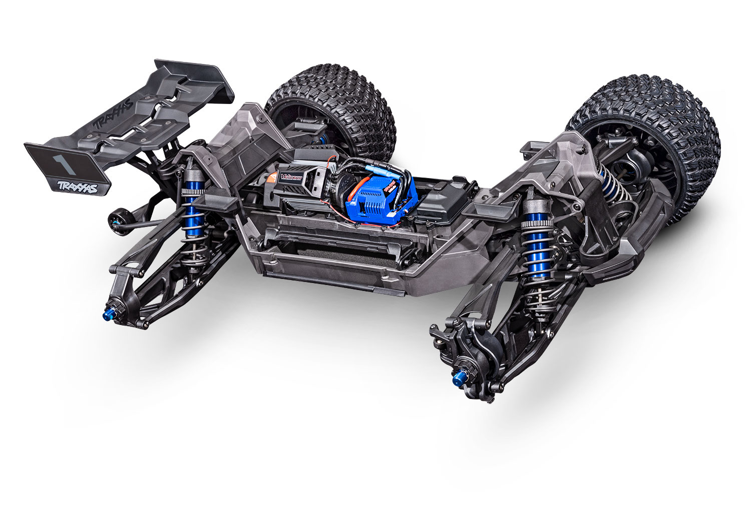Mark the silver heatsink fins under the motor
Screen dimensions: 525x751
click(x=310, y=202)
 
